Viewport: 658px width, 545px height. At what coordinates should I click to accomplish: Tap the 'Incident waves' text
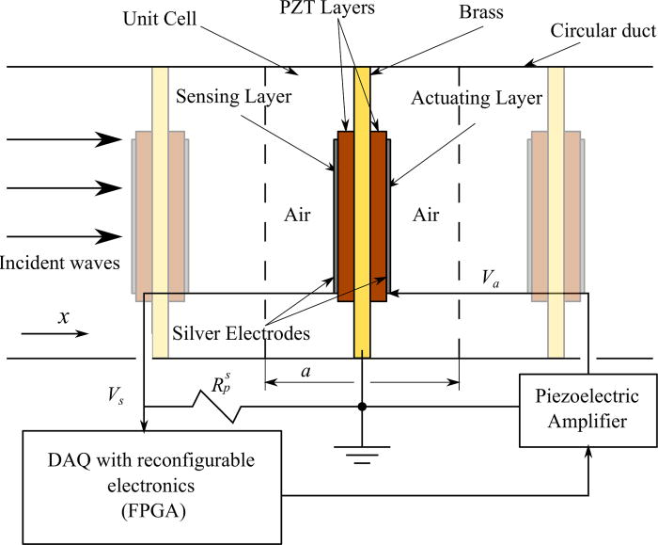point(61,263)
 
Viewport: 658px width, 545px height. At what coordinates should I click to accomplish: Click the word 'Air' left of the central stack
point(297,216)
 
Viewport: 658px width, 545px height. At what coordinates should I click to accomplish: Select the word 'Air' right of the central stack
point(426,216)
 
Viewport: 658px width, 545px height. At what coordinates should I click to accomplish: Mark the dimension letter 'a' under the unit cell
point(305,372)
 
